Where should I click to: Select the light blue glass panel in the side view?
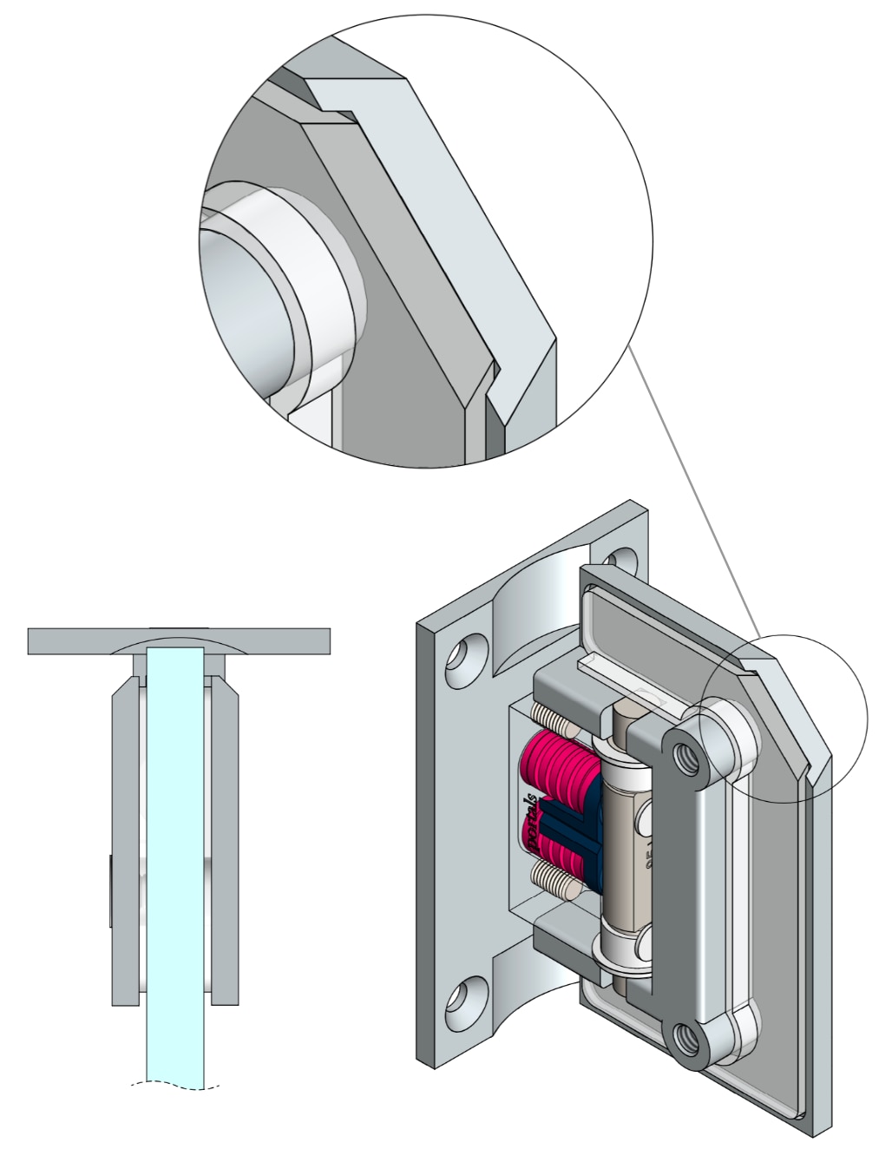click(175, 868)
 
